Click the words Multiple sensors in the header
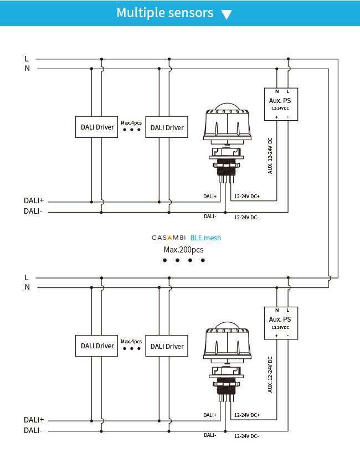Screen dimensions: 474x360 tap(164, 13)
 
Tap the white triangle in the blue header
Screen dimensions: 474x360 tap(226, 14)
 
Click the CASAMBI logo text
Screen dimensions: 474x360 tap(169, 238)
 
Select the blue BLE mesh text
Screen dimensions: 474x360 tap(205, 238)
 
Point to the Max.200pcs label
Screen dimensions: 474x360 tap(183, 250)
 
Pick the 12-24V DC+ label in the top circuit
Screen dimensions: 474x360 tap(247, 197)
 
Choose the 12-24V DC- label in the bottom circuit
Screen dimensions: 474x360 tap(246, 436)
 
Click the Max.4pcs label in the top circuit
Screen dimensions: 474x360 tap(131, 122)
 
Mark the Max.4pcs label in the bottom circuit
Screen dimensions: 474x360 tap(131, 341)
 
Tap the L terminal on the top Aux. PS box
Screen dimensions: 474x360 tap(287, 91)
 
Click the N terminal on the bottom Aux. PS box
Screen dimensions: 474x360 tap(276, 310)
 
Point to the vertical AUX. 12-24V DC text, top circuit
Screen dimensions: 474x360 tap(270, 156)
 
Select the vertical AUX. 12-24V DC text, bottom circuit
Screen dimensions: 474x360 tap(270, 374)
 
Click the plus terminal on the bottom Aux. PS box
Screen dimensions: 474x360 tap(276, 336)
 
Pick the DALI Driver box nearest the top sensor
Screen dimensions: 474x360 tap(167, 127)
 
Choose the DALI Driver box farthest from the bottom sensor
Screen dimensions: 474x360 tap(97, 346)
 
